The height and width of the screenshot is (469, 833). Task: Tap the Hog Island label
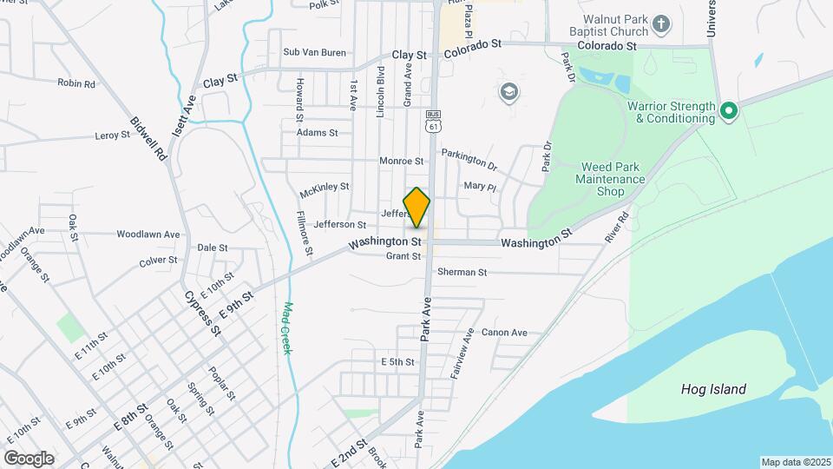pyautogui.click(x=713, y=389)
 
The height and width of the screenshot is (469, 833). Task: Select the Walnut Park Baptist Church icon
pyautogui.click(x=661, y=23)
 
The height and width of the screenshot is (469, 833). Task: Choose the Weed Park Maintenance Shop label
pyautogui.click(x=611, y=177)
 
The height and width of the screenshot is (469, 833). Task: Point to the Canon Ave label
pyautogui.click(x=504, y=333)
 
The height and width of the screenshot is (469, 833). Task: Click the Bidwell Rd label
pyautogui.click(x=148, y=141)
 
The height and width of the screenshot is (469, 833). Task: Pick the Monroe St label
pyautogui.click(x=401, y=161)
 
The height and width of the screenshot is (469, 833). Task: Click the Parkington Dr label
pyautogui.click(x=469, y=158)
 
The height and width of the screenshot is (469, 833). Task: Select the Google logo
pyautogui.click(x=29, y=458)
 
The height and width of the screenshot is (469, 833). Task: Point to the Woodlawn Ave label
pyautogui.click(x=148, y=234)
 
